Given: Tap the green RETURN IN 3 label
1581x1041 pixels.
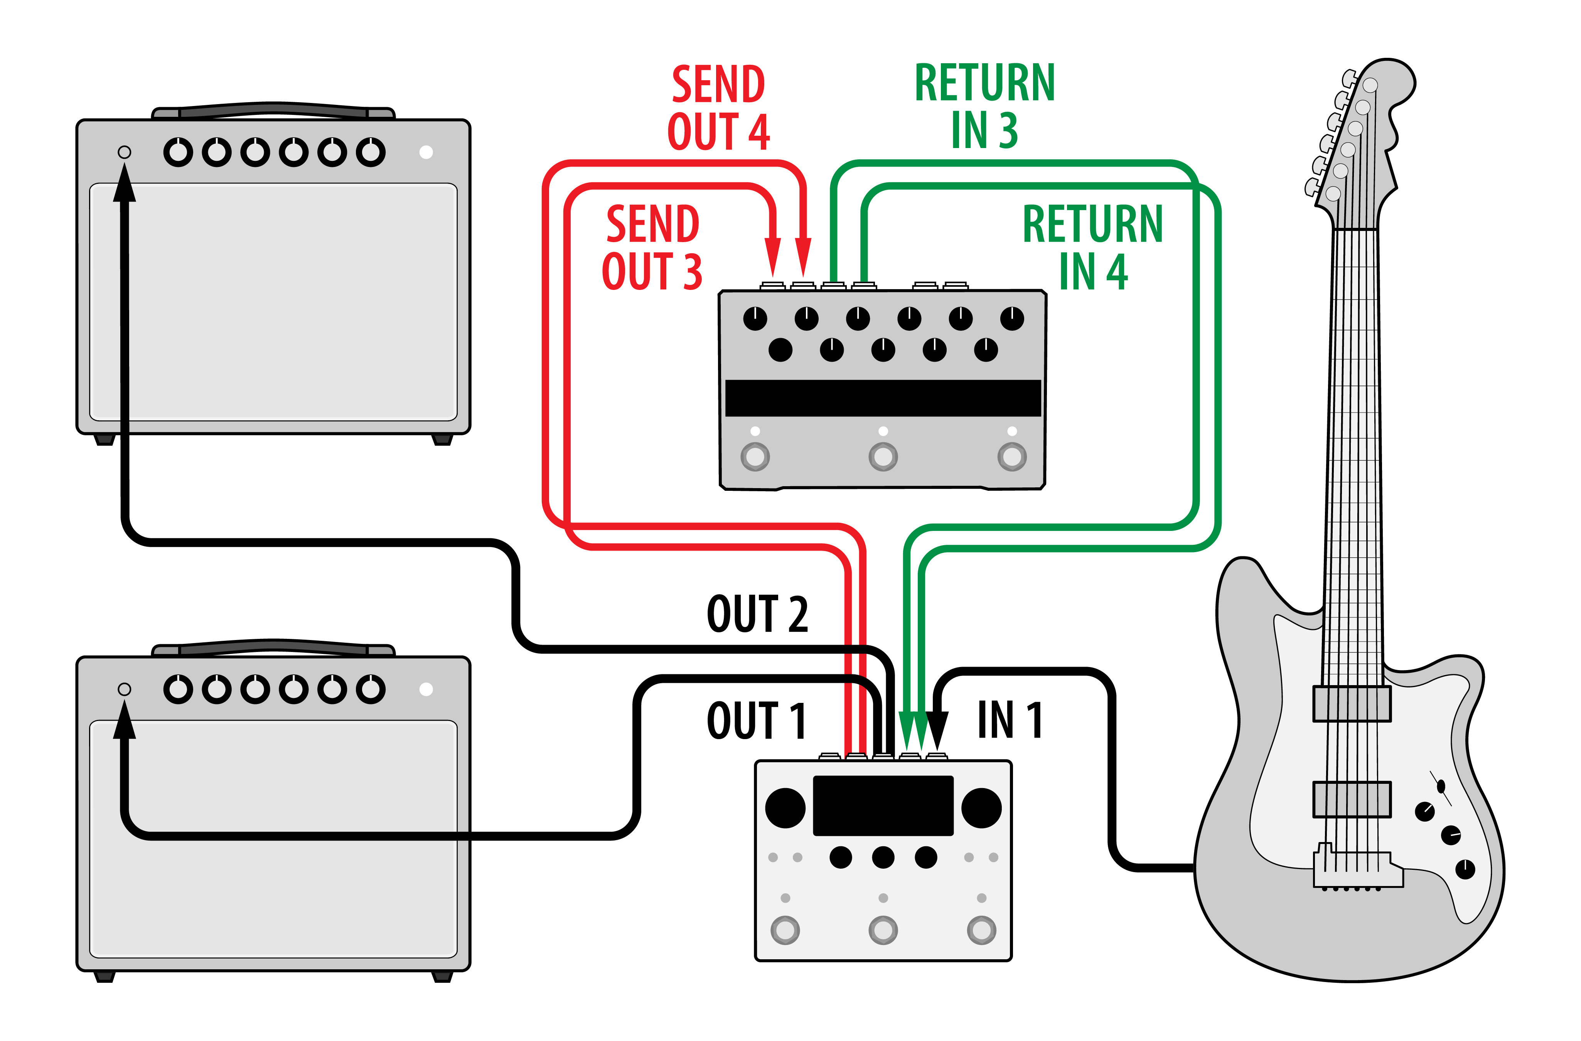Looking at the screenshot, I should (984, 106).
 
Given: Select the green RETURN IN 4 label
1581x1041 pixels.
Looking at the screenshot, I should (1093, 248).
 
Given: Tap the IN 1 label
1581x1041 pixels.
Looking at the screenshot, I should (1010, 720).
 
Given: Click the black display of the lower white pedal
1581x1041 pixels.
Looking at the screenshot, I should (883, 805).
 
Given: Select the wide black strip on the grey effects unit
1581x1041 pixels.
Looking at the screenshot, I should (883, 398).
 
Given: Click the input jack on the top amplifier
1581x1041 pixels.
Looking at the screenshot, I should (124, 152).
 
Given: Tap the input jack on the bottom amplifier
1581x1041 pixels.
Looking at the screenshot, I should (124, 689).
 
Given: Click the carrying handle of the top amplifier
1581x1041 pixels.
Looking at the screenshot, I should (273, 109).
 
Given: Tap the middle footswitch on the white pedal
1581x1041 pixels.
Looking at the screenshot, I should (883, 930).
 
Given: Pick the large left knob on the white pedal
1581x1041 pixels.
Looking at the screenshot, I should (785, 808).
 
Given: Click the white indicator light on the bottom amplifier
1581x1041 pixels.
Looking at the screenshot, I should (426, 689).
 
